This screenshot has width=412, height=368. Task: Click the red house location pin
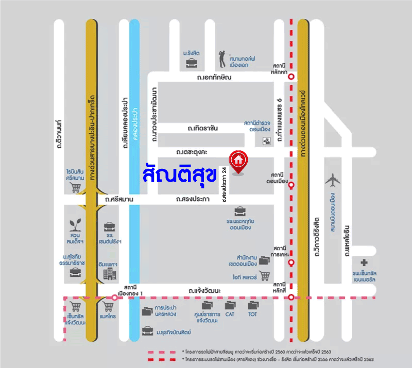point(238,160)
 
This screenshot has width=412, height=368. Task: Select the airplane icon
point(332,180)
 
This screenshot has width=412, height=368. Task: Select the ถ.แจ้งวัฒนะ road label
point(204,291)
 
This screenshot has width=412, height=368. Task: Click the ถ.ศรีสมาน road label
point(119,199)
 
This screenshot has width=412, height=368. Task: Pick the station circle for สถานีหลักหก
point(291,77)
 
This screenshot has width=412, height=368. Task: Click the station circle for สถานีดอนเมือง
point(291,184)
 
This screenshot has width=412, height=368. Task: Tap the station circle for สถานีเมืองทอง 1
point(115,297)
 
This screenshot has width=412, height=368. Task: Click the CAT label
point(230,314)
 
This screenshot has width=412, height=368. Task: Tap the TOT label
point(252,314)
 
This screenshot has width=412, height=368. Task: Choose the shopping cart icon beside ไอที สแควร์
point(265,276)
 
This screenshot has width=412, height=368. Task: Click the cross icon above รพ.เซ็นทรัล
point(365,262)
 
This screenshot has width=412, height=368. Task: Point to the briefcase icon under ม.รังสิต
point(191,63)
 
